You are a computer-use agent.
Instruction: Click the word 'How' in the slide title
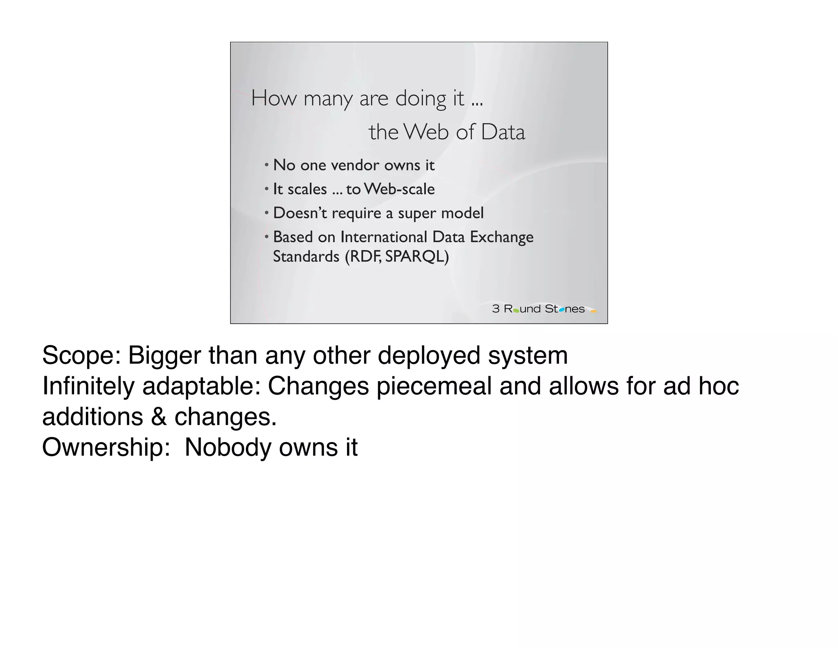(x=273, y=99)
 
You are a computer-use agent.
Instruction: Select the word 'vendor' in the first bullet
(x=355, y=165)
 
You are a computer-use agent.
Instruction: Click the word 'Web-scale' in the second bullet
(x=399, y=189)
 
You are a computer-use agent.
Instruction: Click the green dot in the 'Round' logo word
(x=516, y=311)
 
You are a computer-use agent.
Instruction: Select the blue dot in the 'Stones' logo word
(x=562, y=310)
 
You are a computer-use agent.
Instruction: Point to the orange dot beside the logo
(x=594, y=311)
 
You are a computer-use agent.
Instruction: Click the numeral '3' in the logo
(x=496, y=309)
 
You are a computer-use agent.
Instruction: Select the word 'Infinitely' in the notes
(x=88, y=386)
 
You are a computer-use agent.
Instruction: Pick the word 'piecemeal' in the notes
(x=434, y=386)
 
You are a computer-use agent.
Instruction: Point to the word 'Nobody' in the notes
(x=228, y=447)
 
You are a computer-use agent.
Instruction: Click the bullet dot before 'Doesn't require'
(x=266, y=213)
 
